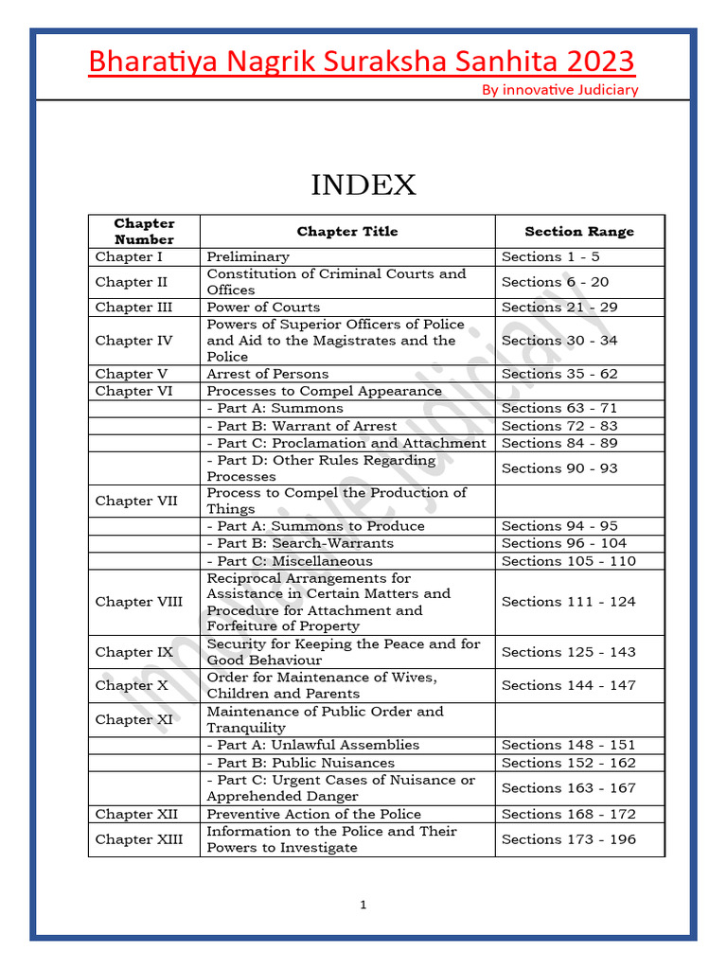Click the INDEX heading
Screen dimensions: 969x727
[363, 185]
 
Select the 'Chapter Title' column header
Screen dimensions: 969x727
[347, 231]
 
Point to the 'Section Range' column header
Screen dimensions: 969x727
[579, 231]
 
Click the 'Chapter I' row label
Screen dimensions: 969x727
[129, 256]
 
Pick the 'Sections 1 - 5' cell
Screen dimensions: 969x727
[550, 256]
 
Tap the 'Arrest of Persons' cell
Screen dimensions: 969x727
[268, 374]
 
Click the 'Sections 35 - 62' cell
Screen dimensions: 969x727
[559, 374]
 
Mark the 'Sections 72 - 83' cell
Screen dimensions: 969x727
[559, 426]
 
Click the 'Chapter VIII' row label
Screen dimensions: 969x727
[138, 602]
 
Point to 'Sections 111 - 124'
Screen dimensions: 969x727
[568, 602]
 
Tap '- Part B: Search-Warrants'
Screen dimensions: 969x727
[300, 543]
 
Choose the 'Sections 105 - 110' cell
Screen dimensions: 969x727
[568, 561]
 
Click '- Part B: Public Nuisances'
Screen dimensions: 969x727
[301, 763]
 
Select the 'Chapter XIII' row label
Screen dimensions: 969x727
[138, 839]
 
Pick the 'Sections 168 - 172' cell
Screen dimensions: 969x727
[568, 814]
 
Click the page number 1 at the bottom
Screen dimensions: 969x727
[363, 906]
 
